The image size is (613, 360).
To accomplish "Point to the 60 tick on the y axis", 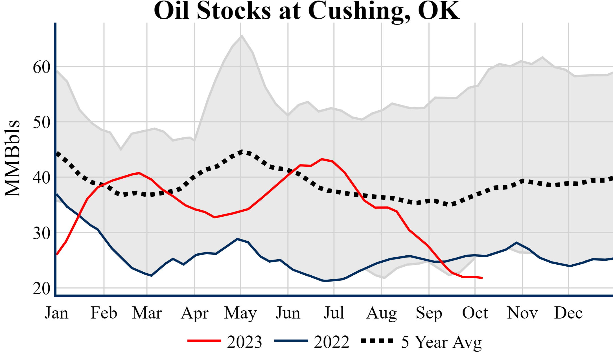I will pos(41,67).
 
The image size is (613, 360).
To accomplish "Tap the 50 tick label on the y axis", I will pos(41,122).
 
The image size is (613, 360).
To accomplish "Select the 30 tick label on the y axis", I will pos(41,233).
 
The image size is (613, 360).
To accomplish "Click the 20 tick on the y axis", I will pos(41,288).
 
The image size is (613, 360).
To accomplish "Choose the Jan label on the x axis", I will pos(56,313).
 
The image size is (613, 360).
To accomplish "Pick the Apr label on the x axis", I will pos(194,313).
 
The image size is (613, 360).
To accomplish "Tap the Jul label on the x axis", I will pos(334,313).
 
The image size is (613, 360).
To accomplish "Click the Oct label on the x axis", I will pos(475,313).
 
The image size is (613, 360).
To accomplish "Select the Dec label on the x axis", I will pos(568,313).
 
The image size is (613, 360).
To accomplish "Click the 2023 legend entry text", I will pos(244,342).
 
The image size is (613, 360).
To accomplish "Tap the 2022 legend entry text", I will pos(332,342).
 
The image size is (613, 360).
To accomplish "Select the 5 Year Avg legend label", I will pos(441,342).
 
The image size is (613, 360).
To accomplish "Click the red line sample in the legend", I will pos(204,341).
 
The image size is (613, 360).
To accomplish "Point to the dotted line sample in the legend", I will pos(377,341).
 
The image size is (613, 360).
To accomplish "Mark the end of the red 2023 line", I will pos(482,278).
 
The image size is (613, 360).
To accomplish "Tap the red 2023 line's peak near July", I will pos(322,159).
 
